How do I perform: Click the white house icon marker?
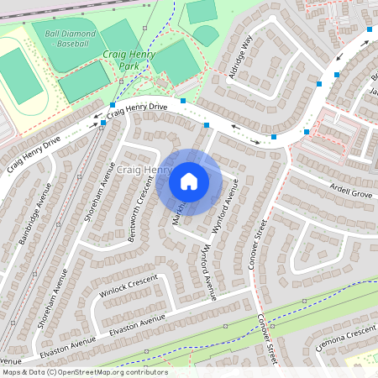pyautogui.click(x=189, y=181)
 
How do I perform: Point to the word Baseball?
pyautogui.click(x=75, y=43)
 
